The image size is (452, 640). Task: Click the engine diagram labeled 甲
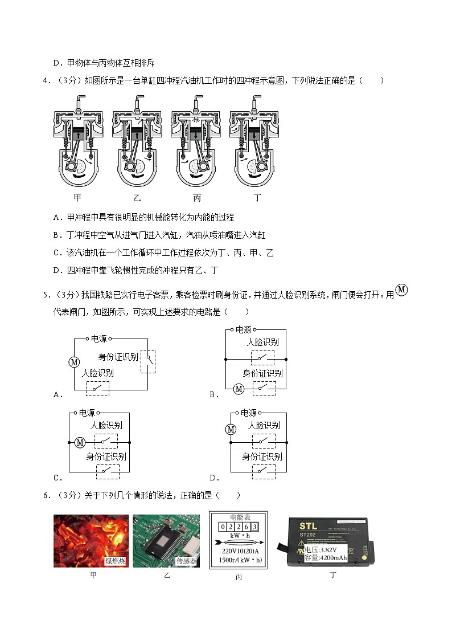(x=79, y=142)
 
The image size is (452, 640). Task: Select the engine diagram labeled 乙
(x=137, y=142)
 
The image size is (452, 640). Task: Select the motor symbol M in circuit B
(x=239, y=389)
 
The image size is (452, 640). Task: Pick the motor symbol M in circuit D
(x=231, y=429)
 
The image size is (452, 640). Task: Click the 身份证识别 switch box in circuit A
(x=148, y=361)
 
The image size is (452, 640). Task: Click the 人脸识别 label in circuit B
(x=262, y=343)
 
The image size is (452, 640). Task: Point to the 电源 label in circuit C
(x=87, y=413)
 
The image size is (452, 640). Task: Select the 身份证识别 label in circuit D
(x=262, y=456)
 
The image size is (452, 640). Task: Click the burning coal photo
(x=91, y=541)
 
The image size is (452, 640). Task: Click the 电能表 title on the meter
(x=239, y=517)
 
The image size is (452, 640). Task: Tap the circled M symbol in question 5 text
(x=401, y=290)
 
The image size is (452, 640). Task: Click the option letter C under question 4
(x=56, y=252)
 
